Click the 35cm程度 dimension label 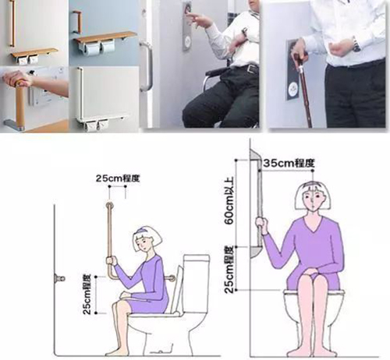(x=289, y=164)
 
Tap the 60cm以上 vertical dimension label (x=229, y=200)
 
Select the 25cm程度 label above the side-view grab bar (x=118, y=178)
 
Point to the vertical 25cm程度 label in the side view (x=87, y=294)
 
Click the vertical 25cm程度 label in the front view (x=229, y=270)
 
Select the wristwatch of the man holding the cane (x=356, y=44)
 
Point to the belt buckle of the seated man (x=251, y=69)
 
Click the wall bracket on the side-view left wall (x=60, y=279)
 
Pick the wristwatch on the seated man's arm (x=244, y=33)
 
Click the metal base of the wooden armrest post (x=14, y=124)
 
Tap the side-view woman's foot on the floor (x=115, y=351)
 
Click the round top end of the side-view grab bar (x=109, y=205)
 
